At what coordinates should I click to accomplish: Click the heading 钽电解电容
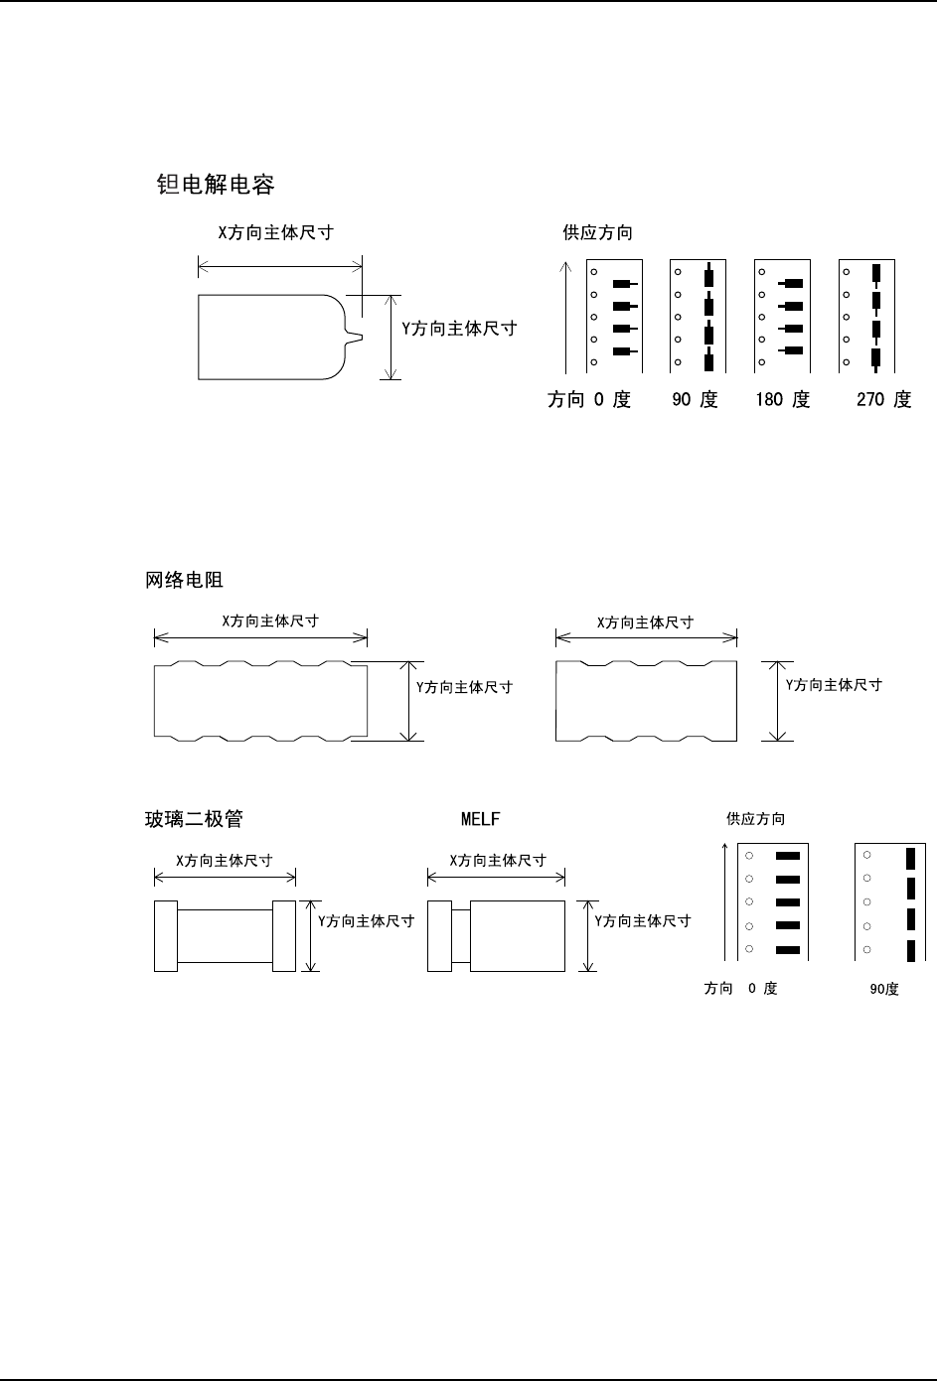tap(216, 185)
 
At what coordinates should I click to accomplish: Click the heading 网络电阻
tap(185, 581)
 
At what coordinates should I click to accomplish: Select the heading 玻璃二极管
tap(194, 820)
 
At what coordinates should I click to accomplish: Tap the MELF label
tap(481, 820)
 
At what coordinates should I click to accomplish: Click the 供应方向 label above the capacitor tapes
tap(597, 233)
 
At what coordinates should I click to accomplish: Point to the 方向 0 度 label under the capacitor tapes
tap(589, 400)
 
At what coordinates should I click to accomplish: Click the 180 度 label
tap(782, 400)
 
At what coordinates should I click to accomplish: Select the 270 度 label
tap(883, 400)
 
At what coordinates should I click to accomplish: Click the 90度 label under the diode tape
tap(883, 990)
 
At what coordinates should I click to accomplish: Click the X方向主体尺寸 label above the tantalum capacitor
tap(275, 233)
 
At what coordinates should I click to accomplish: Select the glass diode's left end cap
tap(165, 935)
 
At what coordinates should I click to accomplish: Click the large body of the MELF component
tap(517, 935)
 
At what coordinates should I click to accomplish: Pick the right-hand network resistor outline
tap(646, 700)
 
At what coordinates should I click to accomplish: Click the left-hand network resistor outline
tap(260, 700)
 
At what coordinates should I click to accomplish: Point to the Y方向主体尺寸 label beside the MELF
tap(643, 921)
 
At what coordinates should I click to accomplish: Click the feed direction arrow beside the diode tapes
tap(726, 899)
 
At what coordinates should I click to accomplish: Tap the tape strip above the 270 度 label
tap(868, 317)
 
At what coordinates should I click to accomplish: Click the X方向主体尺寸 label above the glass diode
tap(224, 861)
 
